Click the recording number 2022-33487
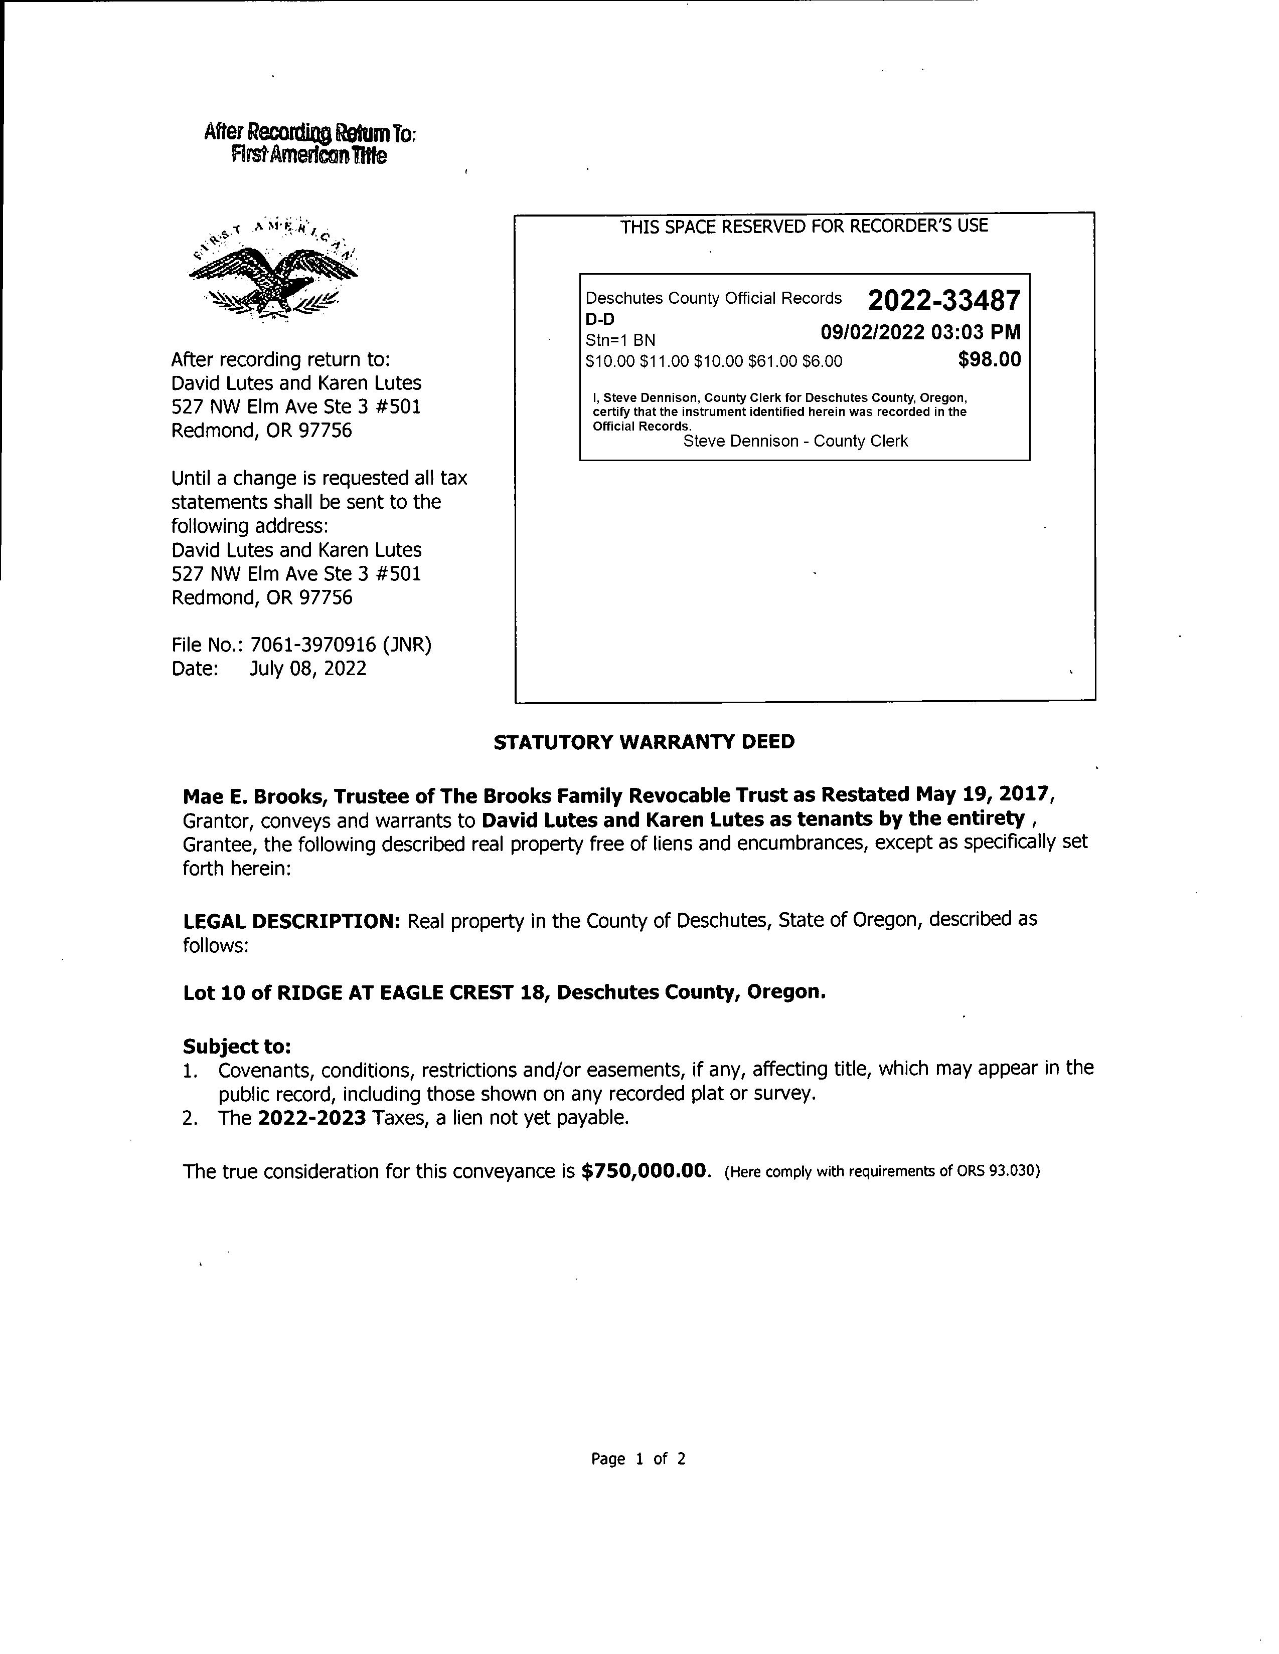[943, 301]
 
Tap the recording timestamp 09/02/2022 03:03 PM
[920, 332]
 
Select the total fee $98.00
[989, 360]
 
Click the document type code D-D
[600, 320]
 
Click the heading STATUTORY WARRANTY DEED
[644, 742]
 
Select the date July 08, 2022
[307, 669]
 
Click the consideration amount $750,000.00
[646, 1172]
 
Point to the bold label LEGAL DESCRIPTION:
[292, 922]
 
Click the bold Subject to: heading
[236, 1047]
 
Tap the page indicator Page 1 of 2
[638, 1459]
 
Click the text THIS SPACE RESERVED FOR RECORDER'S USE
[804, 226]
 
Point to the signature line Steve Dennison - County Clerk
[795, 442]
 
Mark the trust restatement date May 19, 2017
[981, 794]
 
